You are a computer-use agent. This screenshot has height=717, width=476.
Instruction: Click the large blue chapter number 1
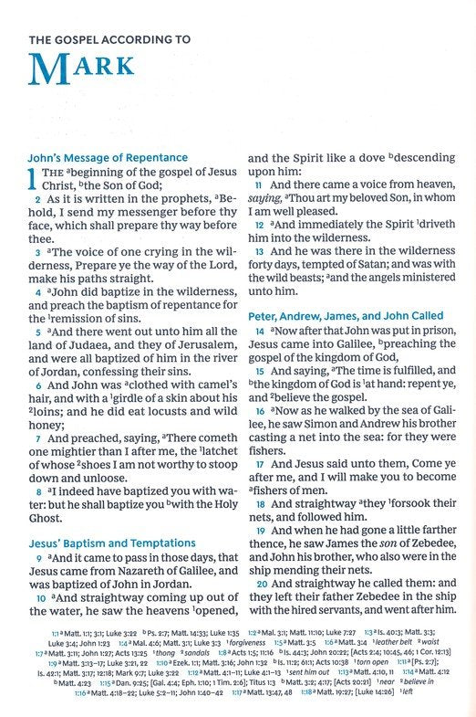tap(34, 181)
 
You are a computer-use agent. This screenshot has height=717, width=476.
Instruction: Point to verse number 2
tap(37, 199)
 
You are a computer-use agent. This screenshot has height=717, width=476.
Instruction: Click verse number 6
tap(37, 387)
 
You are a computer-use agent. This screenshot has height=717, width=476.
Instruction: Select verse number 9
tap(37, 560)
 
